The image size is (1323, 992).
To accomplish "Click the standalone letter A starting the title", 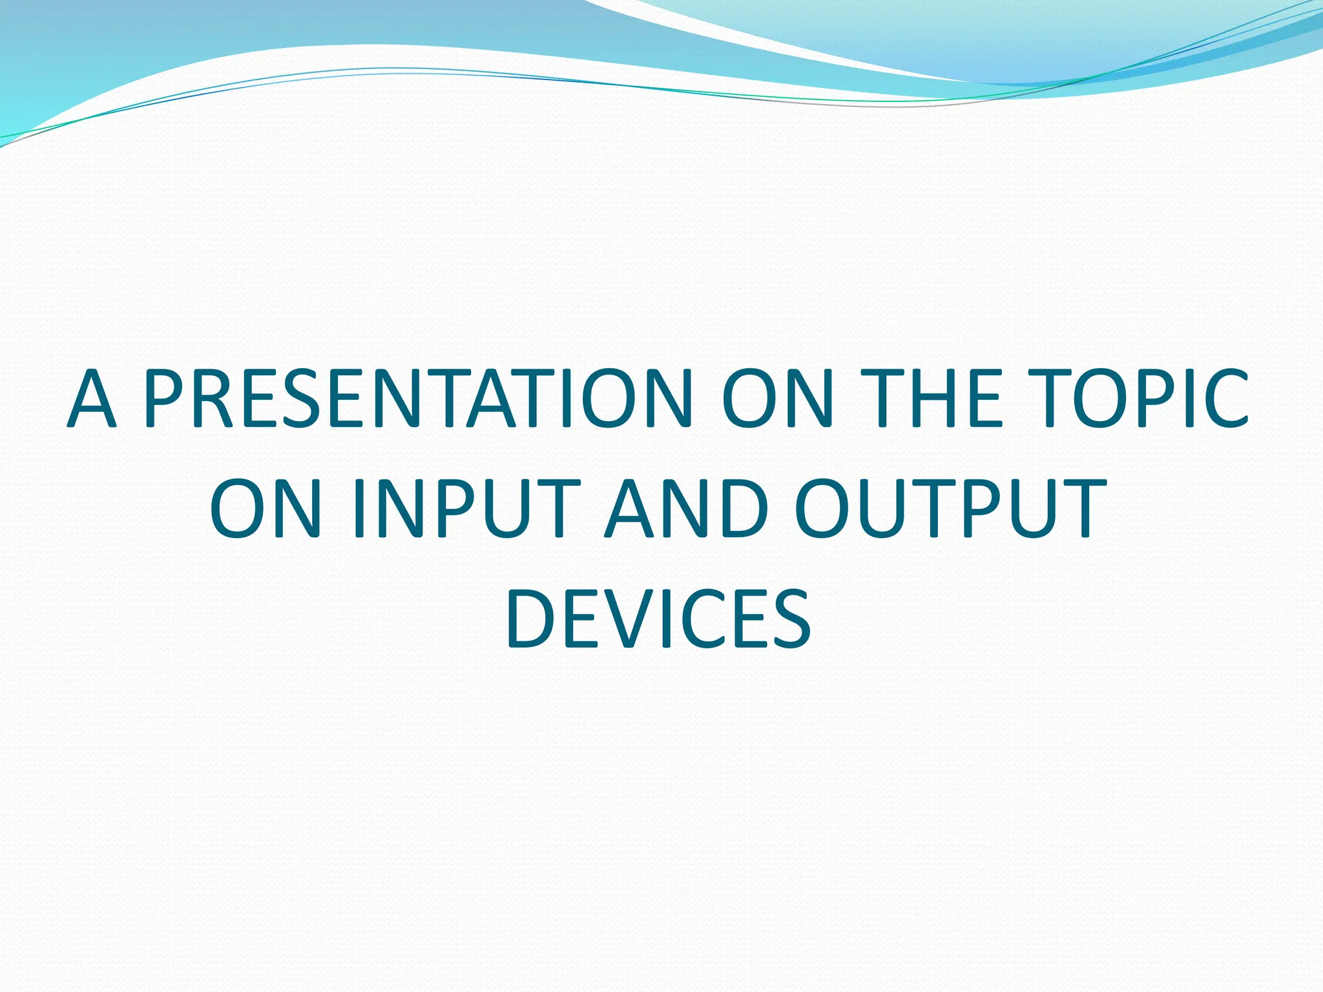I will [92, 398].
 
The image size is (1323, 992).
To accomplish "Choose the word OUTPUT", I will [950, 508].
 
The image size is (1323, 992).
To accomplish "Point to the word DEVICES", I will [659, 618].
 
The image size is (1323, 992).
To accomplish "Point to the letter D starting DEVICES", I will [534, 618].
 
